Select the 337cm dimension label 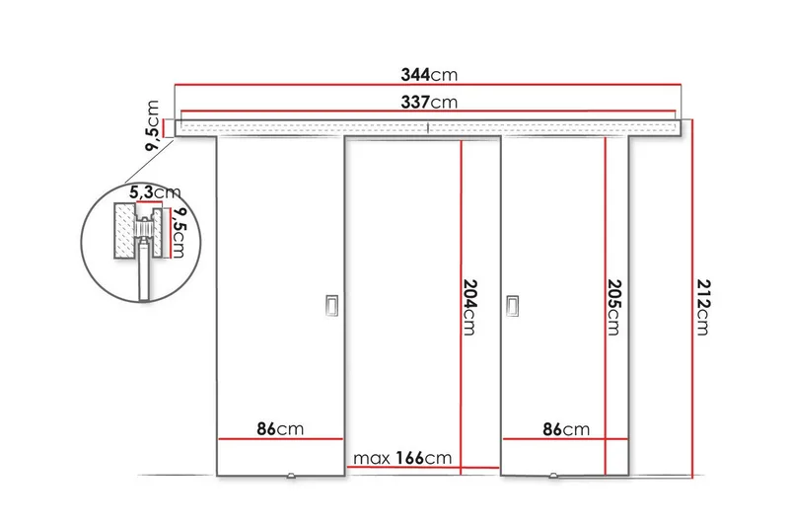429,102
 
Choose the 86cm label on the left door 280,429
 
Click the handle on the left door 331,307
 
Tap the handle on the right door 512,307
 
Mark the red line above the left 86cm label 280,440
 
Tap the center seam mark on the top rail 429,126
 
